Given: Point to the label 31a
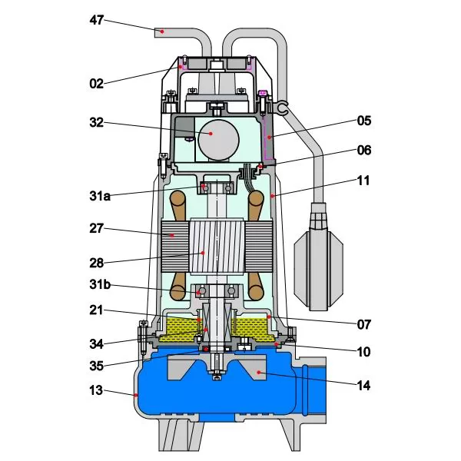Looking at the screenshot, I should (98, 196).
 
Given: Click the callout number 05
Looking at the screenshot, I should (363, 121).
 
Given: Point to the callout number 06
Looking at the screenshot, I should (363, 152).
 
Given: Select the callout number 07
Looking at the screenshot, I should (363, 324).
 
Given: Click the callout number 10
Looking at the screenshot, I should (363, 353).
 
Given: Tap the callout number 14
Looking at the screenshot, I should (363, 386).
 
